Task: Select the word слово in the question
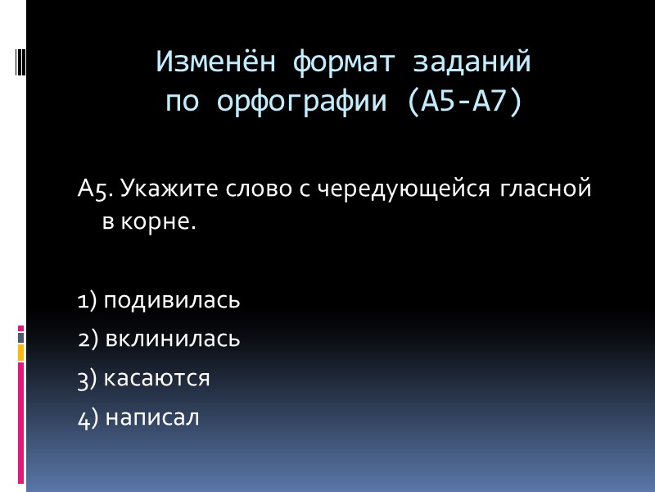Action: (x=242, y=189)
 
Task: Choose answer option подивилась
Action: (x=172, y=300)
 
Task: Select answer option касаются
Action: (x=157, y=378)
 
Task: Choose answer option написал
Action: (x=151, y=417)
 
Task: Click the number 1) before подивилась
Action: (x=87, y=300)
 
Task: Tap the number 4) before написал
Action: (x=88, y=417)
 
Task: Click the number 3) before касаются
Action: (x=88, y=378)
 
